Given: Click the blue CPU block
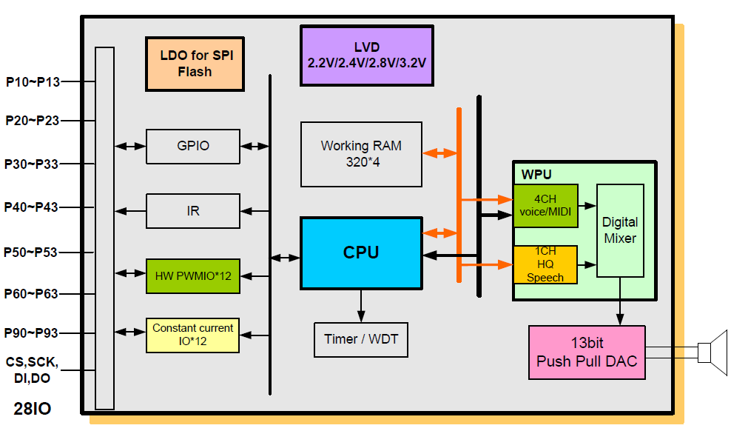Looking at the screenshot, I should point(361,253).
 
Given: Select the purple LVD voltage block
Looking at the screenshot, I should point(366,56).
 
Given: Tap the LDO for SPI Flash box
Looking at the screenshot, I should point(195,64).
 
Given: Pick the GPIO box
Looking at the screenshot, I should point(193,146).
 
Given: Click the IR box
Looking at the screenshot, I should point(193,211).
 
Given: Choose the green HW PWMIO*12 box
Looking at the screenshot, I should point(193,275).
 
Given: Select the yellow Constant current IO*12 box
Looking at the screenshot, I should point(193,335).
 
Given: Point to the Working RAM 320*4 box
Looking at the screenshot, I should point(361,154).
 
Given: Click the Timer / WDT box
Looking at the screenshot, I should point(361,339).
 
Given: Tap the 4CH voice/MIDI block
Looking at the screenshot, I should point(545,204).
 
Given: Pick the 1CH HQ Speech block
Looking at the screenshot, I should point(545,264).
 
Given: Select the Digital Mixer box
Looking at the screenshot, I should point(620,230).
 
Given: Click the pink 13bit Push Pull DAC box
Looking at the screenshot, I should point(587,353).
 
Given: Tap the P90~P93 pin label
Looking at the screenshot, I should point(32,333).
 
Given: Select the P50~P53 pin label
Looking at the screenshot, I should point(31,252).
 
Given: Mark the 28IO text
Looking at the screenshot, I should point(33,408).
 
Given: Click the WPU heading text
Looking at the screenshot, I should point(536,175).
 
